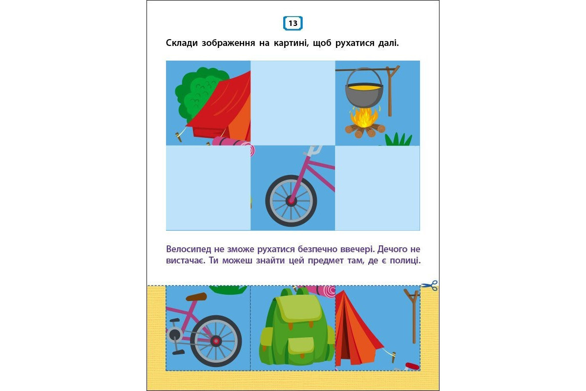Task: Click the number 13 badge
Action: click(x=293, y=23)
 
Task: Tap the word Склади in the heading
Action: click(x=182, y=43)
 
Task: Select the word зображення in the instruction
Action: click(x=228, y=43)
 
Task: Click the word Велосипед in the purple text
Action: click(x=188, y=249)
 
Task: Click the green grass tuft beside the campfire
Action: click(x=398, y=139)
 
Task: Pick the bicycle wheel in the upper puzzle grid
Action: click(x=291, y=201)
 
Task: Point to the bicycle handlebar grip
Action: click(x=315, y=150)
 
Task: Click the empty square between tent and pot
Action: click(x=293, y=103)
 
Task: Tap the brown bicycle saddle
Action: click(x=196, y=297)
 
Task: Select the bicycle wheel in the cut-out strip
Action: click(x=216, y=341)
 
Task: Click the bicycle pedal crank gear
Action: click(x=174, y=335)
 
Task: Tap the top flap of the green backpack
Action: click(x=299, y=308)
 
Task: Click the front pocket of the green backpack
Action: click(x=301, y=345)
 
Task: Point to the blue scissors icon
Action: click(x=429, y=285)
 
